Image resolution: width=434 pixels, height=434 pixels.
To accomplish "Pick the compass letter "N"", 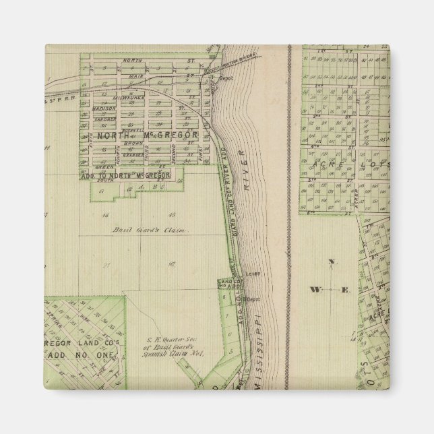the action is click(x=330, y=261).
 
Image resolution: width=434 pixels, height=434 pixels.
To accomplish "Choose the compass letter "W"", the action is click(x=315, y=290).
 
